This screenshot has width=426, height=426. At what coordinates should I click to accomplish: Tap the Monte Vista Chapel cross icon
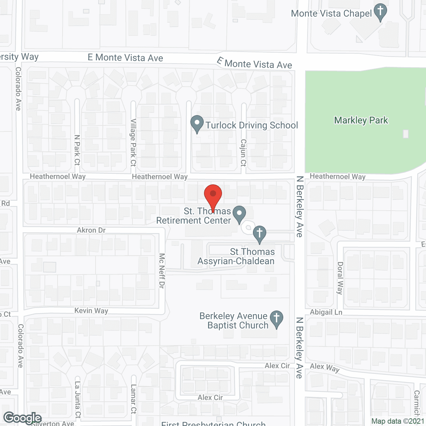380,12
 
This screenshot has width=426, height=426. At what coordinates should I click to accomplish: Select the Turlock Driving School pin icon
197,123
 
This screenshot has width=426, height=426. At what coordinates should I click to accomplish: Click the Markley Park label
361,120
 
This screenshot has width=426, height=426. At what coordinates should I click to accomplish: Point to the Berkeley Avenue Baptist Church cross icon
276,319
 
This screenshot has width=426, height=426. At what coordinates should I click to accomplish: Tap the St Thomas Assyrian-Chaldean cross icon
260,234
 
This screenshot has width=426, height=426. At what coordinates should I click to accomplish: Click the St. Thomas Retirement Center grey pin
239,214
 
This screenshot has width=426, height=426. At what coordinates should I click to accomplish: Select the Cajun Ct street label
243,153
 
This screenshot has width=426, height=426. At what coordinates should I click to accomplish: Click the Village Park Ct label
133,142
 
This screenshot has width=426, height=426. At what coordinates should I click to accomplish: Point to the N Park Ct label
77,150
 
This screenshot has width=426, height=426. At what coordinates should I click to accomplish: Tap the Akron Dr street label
91,230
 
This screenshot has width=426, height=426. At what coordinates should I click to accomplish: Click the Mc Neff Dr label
162,271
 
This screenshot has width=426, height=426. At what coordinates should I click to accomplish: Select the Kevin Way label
91,311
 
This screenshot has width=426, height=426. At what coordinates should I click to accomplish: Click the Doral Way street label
340,278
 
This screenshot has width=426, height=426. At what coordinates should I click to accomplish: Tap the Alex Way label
324,367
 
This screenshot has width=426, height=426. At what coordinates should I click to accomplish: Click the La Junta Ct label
78,400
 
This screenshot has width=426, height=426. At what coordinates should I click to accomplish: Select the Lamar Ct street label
133,399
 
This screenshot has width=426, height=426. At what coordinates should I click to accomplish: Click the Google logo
22,418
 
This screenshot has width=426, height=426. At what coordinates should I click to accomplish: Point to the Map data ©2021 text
398,421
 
